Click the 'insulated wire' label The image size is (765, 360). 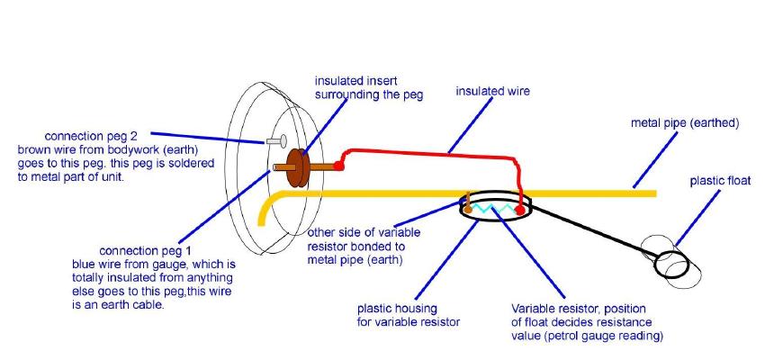(x=492, y=91)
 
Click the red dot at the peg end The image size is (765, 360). (x=338, y=166)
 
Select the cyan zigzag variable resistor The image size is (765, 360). (x=493, y=209)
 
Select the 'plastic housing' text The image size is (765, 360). (x=396, y=308)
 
